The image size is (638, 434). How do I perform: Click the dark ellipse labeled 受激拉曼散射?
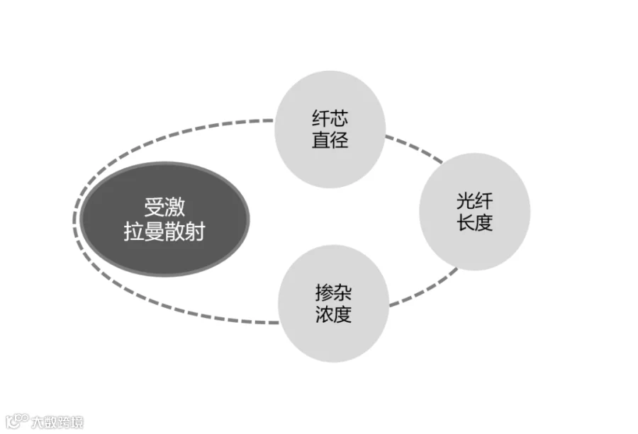pos(164,219)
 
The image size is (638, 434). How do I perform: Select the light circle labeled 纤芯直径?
pos(330,130)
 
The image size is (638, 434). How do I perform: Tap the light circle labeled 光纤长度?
pos(475,212)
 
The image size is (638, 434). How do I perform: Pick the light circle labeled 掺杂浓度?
pos(334,304)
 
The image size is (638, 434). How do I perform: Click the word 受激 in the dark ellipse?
pos(164,207)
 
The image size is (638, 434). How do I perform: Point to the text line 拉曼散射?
pos(164,232)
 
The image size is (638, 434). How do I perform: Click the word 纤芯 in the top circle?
pos(330,118)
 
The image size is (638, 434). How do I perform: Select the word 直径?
pos(330,139)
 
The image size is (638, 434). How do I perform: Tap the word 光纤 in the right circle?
pos(475,201)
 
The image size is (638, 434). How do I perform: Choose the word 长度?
pos(475,222)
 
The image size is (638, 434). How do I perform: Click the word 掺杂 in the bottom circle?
pos(334,292)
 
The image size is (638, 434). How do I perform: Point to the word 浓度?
pos(334,314)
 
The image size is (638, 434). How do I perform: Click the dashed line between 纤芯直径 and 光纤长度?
pos(414,148)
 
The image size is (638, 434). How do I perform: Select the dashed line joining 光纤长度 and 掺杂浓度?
pos(423,287)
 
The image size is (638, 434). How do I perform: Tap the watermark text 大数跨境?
pos(57,422)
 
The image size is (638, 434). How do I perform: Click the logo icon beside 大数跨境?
pos(17,421)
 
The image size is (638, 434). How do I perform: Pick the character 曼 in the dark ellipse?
pos(155,232)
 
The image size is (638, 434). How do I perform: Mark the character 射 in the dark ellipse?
pos(195,232)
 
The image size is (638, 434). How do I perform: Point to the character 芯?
pos(340,118)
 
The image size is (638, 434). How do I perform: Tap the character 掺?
pos(324,292)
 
